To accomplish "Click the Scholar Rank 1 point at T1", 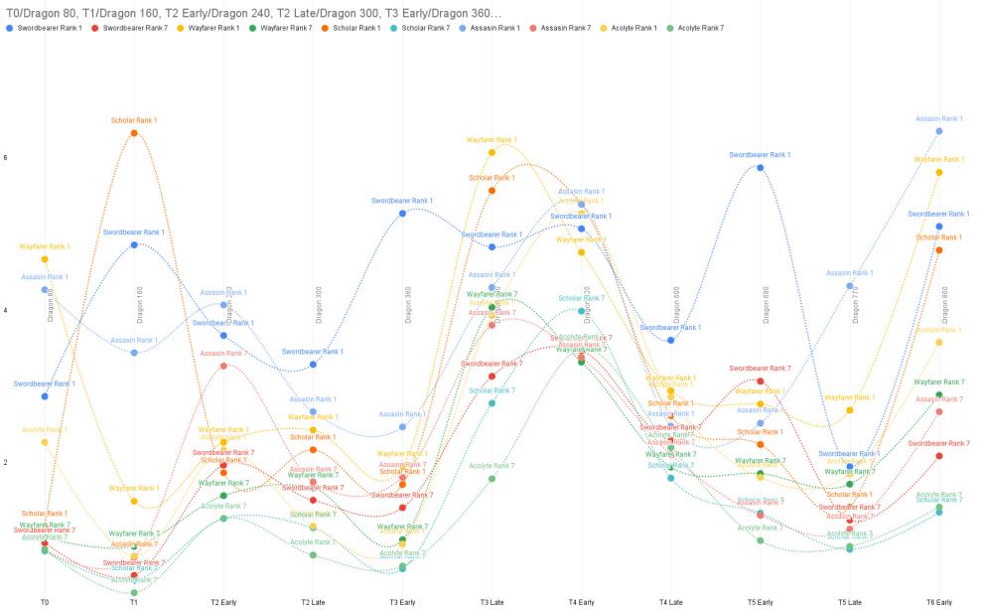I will (x=134, y=132).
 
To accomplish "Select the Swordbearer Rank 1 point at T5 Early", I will (x=760, y=167).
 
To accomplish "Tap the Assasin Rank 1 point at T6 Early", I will (x=938, y=130).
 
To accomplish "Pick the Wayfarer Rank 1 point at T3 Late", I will (x=492, y=152).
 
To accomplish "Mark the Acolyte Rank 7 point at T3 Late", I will (x=492, y=478).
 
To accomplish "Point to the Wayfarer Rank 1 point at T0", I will (x=45, y=259).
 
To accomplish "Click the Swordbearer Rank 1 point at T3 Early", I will (x=402, y=213).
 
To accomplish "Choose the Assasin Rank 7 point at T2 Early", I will (x=223, y=366).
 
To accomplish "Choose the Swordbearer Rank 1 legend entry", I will (x=48, y=28).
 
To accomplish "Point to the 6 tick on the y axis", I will (x=6, y=158).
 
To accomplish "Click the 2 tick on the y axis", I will (x=6, y=463).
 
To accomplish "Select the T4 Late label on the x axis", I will (x=670, y=602).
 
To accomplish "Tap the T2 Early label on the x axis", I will (x=223, y=602).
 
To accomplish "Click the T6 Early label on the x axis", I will (x=938, y=602).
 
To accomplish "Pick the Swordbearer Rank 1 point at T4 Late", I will (x=670, y=340).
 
